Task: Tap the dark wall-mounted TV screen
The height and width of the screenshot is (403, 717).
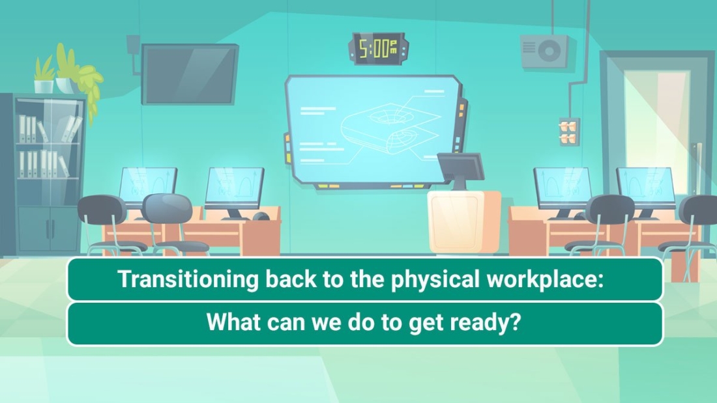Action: pyautogui.click(x=190, y=73)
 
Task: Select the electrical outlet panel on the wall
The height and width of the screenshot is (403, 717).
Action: pyautogui.click(x=569, y=132)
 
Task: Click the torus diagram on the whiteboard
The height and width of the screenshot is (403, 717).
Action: pyautogui.click(x=385, y=127)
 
